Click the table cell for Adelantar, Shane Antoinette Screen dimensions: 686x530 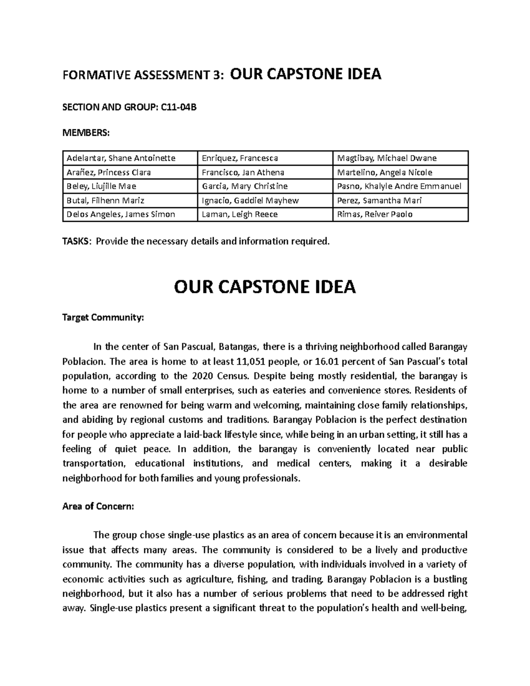tap(120, 158)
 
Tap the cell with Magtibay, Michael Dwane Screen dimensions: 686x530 tap(386, 158)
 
